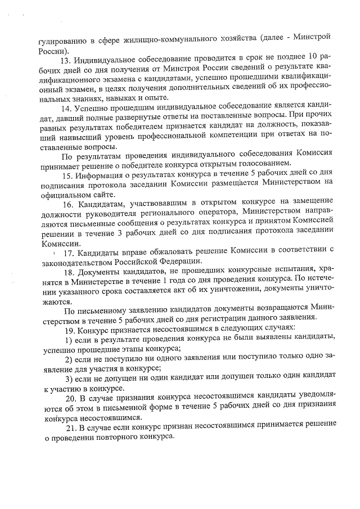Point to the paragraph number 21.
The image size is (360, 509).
pyautogui.click(x=70, y=430)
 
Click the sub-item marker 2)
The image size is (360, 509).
pyautogui.click(x=69, y=359)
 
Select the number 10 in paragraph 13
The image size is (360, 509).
pyautogui.click(x=313, y=58)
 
